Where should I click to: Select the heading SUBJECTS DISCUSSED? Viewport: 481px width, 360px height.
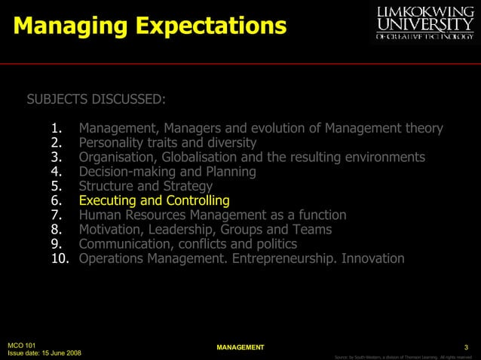pos(97,99)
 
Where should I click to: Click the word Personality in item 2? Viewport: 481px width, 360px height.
pos(112,142)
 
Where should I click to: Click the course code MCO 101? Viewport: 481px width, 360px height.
pos(21,345)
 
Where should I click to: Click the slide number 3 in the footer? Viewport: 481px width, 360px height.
pos(467,347)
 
